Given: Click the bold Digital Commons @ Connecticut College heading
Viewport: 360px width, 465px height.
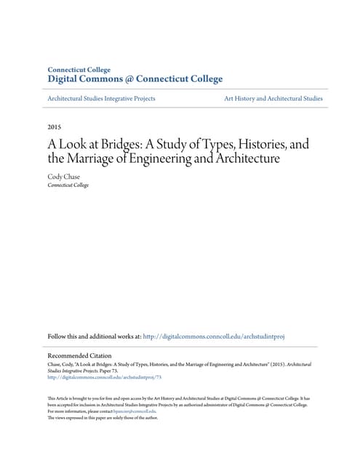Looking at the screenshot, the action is (x=135, y=78).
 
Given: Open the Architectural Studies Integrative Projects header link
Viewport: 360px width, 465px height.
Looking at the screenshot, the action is (x=101, y=98).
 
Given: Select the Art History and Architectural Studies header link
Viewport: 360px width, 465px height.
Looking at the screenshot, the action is (x=273, y=98).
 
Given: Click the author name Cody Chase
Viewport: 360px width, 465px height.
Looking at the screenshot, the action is (x=64, y=175).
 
